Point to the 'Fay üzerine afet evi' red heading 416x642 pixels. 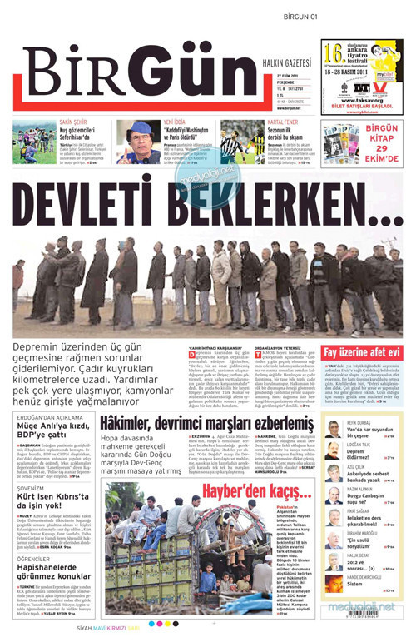click(x=361, y=352)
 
